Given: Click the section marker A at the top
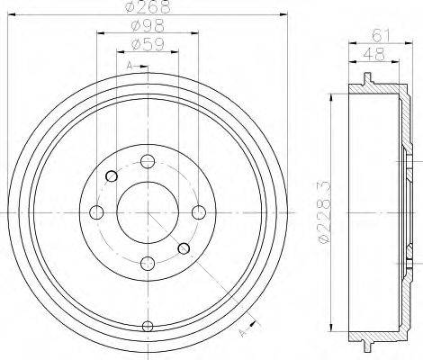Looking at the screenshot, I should click(x=130, y=66).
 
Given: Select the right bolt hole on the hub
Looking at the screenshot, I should click(x=197, y=211).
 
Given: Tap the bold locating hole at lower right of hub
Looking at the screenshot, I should click(x=183, y=248).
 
